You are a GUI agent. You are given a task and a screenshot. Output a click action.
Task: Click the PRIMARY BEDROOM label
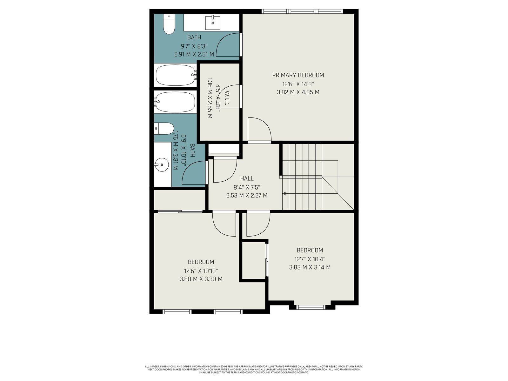coord(298,75)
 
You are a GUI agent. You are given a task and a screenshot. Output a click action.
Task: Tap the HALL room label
coord(247,178)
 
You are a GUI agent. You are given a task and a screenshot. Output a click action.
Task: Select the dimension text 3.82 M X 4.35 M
coord(298,92)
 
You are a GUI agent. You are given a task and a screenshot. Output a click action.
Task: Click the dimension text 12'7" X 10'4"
coord(310,259)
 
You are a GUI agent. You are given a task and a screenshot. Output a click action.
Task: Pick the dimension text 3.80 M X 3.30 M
coord(201,279)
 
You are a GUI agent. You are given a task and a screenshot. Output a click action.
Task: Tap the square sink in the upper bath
coord(213,23)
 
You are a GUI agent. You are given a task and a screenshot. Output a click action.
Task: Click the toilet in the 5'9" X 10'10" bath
coord(164,129)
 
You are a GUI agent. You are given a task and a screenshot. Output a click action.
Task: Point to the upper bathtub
coord(176,75)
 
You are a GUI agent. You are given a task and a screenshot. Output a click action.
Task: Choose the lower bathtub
coord(175,102)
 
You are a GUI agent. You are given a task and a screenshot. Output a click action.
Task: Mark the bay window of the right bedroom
coord(311,307)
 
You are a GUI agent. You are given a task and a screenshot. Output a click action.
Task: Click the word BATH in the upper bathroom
coord(194,37)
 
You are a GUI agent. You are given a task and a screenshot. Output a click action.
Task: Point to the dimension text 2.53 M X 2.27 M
coord(247,196)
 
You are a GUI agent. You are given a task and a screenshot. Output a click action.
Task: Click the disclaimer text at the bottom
coord(254,370)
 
